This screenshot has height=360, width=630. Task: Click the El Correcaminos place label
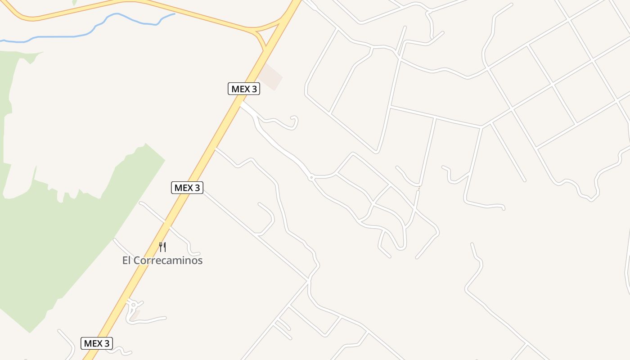162,260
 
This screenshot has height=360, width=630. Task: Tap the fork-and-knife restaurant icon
162,247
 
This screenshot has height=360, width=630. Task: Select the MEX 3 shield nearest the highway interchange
244,89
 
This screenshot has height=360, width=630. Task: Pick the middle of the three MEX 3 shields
187,188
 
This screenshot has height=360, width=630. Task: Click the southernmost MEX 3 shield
97,343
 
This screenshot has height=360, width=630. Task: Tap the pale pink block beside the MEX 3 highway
271,76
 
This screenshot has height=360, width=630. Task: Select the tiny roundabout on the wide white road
311,178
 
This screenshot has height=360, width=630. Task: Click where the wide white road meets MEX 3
242,104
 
